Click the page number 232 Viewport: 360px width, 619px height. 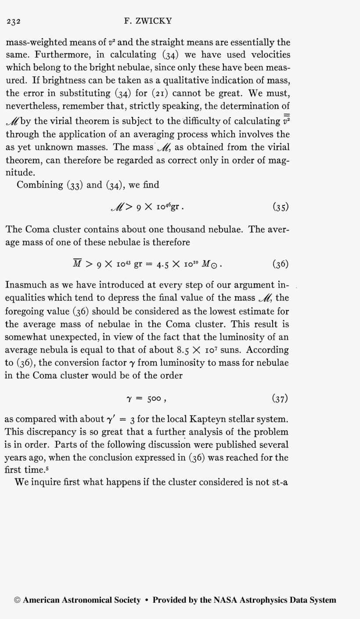pyautogui.click(x=14, y=22)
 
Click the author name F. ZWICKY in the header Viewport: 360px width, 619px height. pyautogui.click(x=148, y=21)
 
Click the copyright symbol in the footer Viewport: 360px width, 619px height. pyautogui.click(x=17, y=600)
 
